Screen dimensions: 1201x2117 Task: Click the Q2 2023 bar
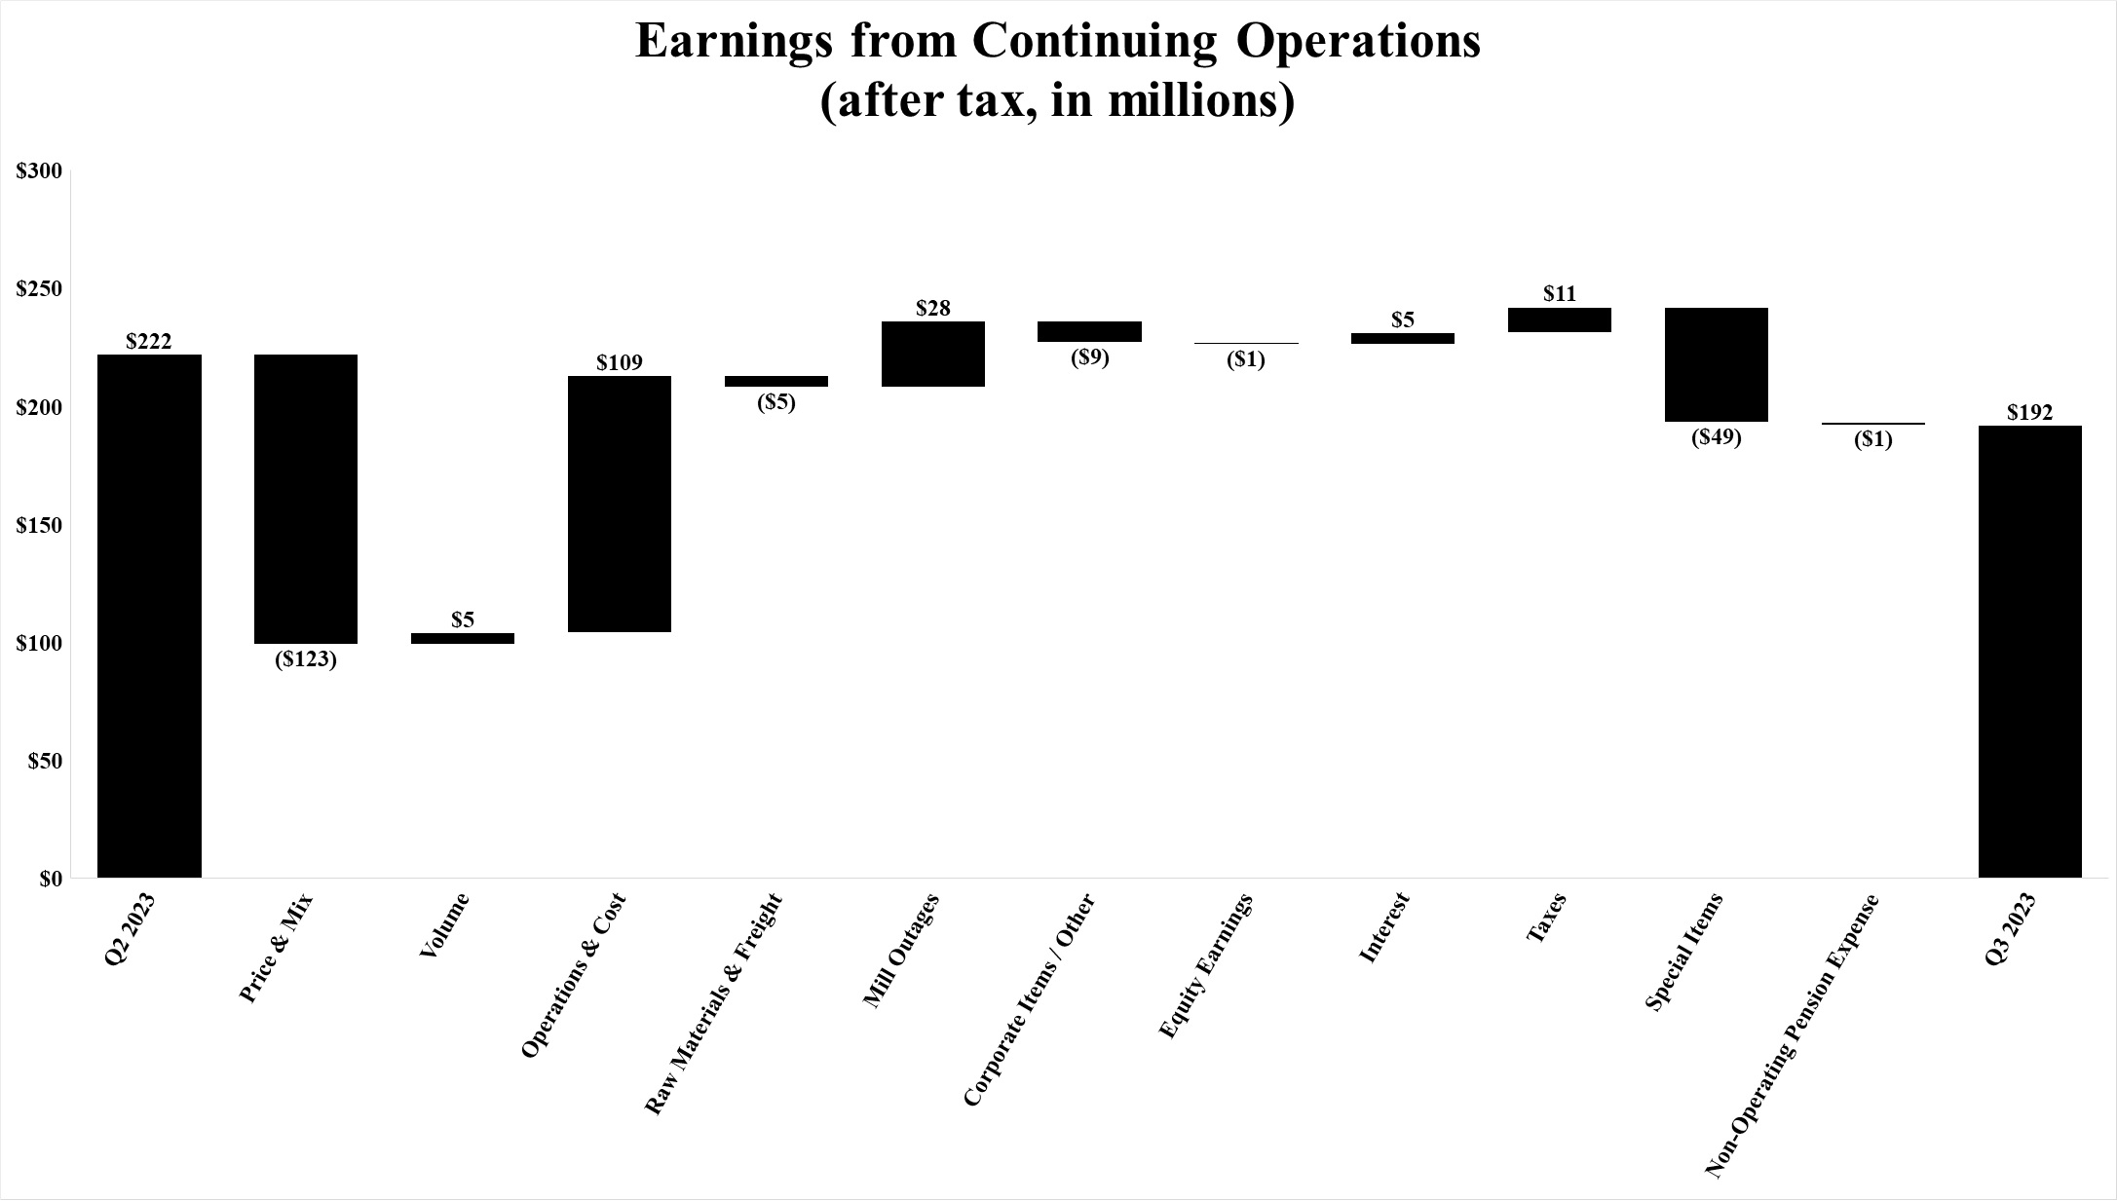click(x=150, y=616)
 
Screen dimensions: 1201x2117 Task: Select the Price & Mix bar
click(x=306, y=499)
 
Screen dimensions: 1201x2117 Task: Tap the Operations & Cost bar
click(x=620, y=504)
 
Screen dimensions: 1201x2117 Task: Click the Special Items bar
click(x=1717, y=364)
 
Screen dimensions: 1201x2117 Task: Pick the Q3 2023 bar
click(x=2030, y=651)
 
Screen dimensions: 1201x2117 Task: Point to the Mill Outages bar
click(x=933, y=354)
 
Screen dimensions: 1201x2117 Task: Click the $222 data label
click(x=149, y=341)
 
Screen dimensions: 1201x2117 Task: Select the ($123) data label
click(x=306, y=659)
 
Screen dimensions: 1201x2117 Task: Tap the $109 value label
click(x=620, y=362)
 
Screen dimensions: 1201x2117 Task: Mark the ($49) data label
click(x=1717, y=437)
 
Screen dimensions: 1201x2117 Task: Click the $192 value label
click(x=2030, y=412)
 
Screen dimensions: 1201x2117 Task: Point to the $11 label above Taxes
click(x=1560, y=293)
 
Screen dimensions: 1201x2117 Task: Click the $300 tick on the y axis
click(x=39, y=171)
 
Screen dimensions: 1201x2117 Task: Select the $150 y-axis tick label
click(x=39, y=526)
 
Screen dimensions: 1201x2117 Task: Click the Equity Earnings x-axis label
click(x=1205, y=966)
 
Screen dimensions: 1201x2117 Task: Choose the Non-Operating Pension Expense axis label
click(x=1792, y=1036)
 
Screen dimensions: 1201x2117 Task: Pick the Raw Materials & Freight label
click(x=714, y=1003)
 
